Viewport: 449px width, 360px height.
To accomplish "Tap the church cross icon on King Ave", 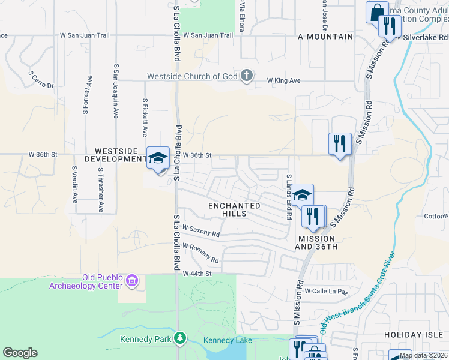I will tap(246, 76).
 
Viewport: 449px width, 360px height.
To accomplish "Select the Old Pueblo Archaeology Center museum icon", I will tap(133, 280).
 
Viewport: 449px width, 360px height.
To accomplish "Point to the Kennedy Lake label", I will tap(228, 340).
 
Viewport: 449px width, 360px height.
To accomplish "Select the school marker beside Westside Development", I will tap(158, 159).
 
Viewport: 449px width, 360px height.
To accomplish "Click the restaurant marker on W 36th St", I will tap(340, 144).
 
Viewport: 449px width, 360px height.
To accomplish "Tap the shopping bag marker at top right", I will tap(377, 13).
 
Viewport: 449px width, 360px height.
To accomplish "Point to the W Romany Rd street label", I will tap(200, 253).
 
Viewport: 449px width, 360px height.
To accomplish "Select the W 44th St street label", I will tap(197, 274).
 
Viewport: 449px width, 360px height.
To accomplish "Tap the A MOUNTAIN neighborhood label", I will tap(325, 36).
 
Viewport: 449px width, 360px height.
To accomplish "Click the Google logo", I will tap(20, 352).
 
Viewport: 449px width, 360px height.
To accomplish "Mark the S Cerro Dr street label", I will tap(41, 79).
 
